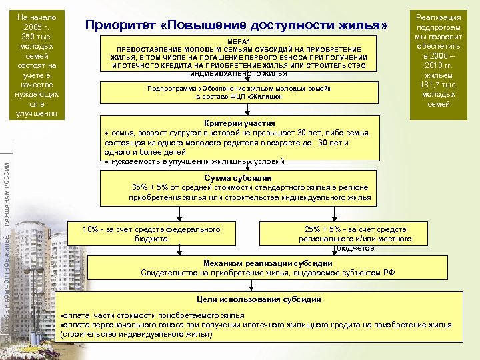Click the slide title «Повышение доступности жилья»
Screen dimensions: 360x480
[x=237, y=25]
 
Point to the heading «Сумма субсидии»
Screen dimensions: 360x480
[x=237, y=178]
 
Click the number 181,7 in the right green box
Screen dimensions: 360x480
[x=427, y=84]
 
